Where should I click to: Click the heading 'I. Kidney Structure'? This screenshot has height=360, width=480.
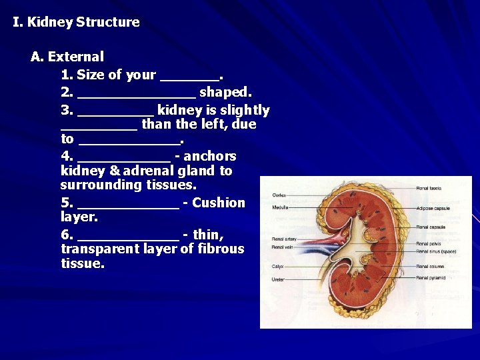[x=76, y=22]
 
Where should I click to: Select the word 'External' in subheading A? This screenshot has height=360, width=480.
[x=76, y=57]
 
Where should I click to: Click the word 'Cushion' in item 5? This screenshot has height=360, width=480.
[x=218, y=203]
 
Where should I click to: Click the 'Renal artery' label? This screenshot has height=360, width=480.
[x=284, y=239]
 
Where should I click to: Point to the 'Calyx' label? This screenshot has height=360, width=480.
[x=278, y=266]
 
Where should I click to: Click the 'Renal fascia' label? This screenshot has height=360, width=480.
[x=429, y=188]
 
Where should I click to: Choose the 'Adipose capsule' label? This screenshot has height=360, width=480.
[x=433, y=209]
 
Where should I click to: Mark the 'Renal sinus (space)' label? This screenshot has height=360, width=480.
[x=436, y=252]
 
